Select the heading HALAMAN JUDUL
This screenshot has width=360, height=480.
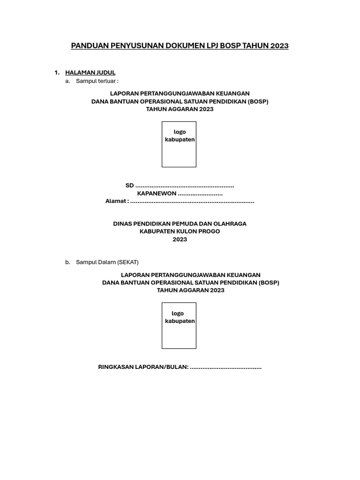(x=90, y=73)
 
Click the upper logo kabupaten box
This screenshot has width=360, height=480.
(x=179, y=144)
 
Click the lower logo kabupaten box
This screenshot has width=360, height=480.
(x=179, y=325)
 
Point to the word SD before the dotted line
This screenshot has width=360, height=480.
(x=129, y=186)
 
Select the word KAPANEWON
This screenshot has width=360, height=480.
(x=157, y=193)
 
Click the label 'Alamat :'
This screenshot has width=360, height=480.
(x=117, y=201)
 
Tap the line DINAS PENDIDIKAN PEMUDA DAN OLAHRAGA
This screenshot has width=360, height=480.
(x=180, y=224)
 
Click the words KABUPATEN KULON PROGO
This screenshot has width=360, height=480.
(x=180, y=232)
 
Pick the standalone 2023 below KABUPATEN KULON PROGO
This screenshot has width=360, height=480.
(x=180, y=240)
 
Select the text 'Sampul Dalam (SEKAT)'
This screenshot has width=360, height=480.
(x=107, y=262)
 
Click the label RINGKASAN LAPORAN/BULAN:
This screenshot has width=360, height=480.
(x=143, y=367)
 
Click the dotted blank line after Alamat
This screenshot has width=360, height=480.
(x=192, y=202)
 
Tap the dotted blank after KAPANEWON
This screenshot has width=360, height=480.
(x=200, y=194)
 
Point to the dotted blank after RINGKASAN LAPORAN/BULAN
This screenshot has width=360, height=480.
(x=225, y=367)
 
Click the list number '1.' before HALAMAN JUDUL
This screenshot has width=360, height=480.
(x=57, y=73)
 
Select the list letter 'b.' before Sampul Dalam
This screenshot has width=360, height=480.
(x=68, y=262)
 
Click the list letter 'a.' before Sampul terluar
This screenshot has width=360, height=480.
(x=68, y=81)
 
